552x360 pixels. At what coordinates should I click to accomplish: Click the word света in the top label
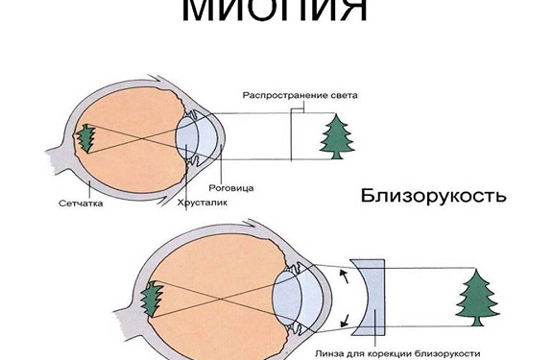[341, 96]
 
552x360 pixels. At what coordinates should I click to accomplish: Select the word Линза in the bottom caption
[329, 352]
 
